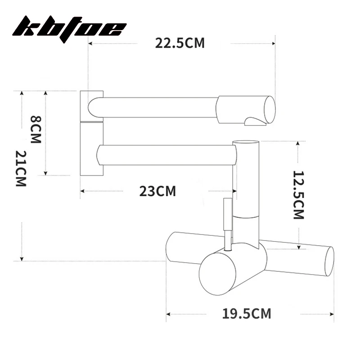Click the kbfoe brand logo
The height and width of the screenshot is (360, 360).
[x=69, y=27]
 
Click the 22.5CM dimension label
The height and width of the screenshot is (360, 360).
[x=180, y=43]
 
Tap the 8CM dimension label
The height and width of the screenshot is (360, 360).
[x=36, y=129]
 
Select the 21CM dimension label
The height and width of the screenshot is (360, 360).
[x=21, y=168]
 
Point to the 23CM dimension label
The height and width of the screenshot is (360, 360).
[x=157, y=191]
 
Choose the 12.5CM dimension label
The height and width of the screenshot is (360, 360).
[x=299, y=195]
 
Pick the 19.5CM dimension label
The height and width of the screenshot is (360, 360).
[x=247, y=314]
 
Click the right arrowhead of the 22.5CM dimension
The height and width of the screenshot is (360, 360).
[x=273, y=43]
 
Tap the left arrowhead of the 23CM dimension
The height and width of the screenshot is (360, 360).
[x=82, y=191]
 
